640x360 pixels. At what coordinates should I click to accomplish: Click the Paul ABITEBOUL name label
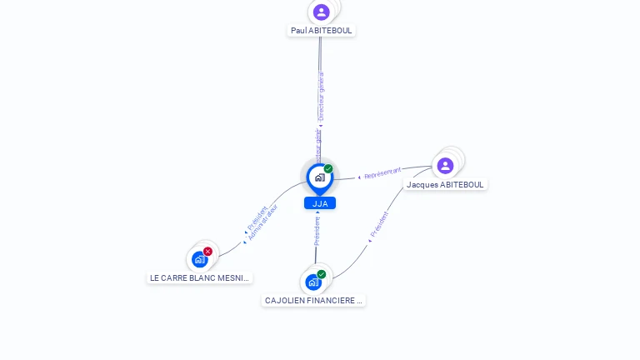(x=322, y=31)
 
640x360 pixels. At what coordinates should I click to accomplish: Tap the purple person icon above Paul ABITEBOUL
(x=322, y=12)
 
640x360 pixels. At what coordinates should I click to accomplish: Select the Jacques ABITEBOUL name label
(x=445, y=184)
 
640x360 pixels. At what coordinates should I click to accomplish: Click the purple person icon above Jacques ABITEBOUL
(x=445, y=165)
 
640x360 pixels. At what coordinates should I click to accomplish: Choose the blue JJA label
(x=320, y=203)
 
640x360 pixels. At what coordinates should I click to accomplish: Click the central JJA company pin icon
(x=319, y=177)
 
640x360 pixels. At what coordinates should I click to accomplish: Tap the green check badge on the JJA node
(x=328, y=169)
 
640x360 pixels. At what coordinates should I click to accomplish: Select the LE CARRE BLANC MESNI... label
(x=199, y=277)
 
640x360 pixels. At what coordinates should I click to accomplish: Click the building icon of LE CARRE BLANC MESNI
(x=199, y=259)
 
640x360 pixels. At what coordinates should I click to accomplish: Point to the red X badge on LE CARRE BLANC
(x=207, y=251)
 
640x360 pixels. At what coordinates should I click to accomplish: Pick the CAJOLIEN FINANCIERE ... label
(x=313, y=300)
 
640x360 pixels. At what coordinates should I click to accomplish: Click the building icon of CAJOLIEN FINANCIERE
(x=312, y=282)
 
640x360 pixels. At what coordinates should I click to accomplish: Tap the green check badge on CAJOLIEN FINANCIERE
(x=321, y=274)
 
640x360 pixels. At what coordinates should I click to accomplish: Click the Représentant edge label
(x=382, y=173)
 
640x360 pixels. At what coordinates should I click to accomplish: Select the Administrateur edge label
(x=263, y=222)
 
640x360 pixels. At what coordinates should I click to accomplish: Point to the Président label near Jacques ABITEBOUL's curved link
(x=379, y=226)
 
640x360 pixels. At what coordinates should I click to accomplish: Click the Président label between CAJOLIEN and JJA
(x=317, y=230)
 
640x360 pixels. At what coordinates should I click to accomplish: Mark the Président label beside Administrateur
(x=257, y=219)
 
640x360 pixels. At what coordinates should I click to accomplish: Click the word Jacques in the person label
(x=422, y=184)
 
